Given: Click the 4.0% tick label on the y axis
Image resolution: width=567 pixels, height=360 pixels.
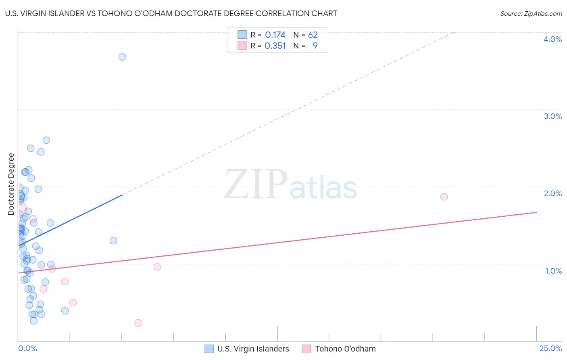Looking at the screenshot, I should coord(552,39).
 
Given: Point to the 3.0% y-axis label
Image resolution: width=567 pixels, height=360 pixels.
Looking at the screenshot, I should coord(552,116).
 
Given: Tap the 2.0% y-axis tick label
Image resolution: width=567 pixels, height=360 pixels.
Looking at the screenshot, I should coord(552,193).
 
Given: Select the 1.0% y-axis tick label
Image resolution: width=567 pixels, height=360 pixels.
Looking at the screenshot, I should coord(553,271).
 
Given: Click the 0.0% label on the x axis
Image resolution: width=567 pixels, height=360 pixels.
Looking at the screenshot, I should coord(27,348).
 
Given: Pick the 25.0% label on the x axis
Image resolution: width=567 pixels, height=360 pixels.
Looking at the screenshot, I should coord(550,348).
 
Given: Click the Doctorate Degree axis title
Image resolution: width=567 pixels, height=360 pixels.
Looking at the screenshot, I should coord(11,184).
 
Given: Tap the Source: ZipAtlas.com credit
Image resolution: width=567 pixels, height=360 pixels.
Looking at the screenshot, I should coord(531,13).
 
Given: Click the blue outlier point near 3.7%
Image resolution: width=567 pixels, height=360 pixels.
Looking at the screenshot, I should coord(122,57).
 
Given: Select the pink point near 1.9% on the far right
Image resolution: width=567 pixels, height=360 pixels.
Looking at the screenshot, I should coord(444,197).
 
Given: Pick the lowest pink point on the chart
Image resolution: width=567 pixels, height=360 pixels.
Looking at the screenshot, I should coord(138,323).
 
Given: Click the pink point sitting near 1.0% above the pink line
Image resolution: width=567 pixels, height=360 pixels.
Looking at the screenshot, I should coord(157,267).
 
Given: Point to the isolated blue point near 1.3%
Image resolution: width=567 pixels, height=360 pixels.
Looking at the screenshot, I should coord(113,241).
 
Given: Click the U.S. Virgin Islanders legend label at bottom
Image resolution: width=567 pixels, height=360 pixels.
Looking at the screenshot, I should coord(253,349).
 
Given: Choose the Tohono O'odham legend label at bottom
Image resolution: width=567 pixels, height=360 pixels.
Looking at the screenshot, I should coord(345,349).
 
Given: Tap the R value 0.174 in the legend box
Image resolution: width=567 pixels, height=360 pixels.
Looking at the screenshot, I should coord(275,35).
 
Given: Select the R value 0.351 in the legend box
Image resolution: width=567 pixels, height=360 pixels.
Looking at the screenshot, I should coord(275,46).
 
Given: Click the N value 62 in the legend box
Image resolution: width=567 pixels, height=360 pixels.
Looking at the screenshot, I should coord(313,35).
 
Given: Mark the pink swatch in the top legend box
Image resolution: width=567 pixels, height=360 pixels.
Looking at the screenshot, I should coord(242,46).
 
